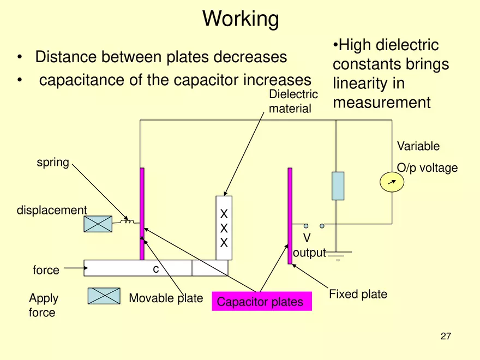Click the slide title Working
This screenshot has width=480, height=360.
point(241,19)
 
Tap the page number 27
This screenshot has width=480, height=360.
point(446,337)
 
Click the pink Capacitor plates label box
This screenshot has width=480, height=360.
point(261,302)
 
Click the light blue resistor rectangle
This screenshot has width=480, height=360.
point(338,185)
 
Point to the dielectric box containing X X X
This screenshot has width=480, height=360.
point(224,228)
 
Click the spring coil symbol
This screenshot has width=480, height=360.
point(128,221)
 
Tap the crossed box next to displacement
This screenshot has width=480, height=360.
point(98,224)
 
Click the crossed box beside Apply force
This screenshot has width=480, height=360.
point(104,296)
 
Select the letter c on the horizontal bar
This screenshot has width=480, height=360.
point(155,269)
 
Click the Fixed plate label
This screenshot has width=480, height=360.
point(358,295)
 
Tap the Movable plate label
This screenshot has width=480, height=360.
point(165,298)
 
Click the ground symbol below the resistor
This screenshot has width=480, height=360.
point(338,255)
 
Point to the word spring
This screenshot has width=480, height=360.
point(52,163)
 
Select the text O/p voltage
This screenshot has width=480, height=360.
point(427,168)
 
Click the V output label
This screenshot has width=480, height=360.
point(309,245)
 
